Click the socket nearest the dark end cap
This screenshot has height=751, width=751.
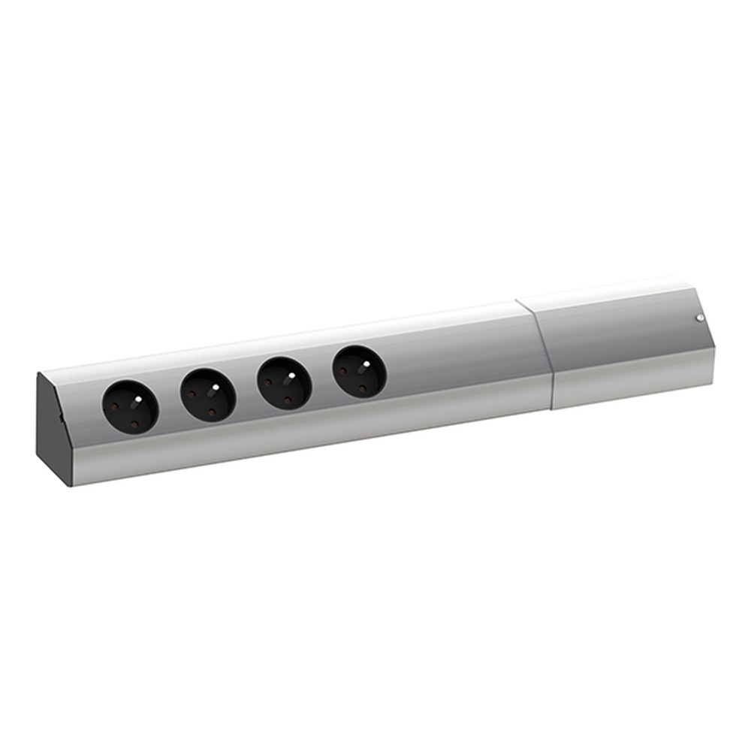(131, 406)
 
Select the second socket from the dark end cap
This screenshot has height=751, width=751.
(207, 394)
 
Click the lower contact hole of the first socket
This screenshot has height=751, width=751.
(134, 424)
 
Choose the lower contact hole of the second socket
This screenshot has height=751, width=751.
(211, 412)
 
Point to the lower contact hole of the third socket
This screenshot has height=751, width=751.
(288, 400)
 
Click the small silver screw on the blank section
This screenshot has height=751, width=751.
(699, 318)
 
